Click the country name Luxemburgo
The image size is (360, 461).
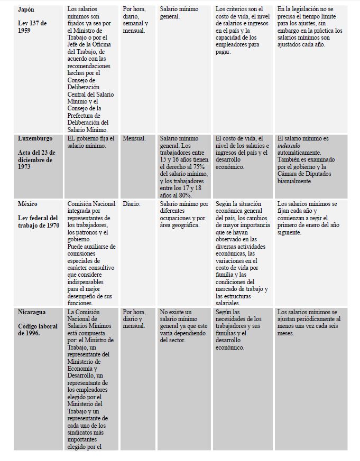[35, 138]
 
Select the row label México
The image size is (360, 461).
[28, 204]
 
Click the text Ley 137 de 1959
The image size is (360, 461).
[32, 27]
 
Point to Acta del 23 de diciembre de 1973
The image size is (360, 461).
[35, 159]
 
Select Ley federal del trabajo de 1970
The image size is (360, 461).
[38, 222]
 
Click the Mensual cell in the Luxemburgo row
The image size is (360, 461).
[134, 138]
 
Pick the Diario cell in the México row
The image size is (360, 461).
[132, 204]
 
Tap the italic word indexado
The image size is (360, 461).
[291, 146]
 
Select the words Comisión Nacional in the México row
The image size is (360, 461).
[91, 204]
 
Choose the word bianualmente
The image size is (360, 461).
[295, 182]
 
